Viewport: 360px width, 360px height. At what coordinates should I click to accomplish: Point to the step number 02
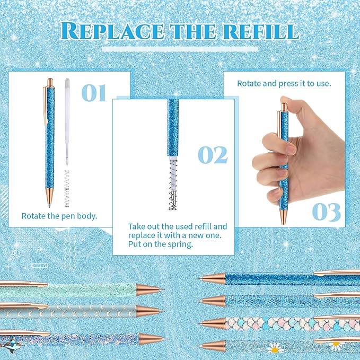(x=213, y=154)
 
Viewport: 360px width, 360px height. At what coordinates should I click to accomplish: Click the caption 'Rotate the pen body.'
(x=59, y=216)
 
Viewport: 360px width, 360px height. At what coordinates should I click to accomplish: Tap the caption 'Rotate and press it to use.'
(x=284, y=83)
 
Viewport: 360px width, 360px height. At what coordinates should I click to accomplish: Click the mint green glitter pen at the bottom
(x=80, y=290)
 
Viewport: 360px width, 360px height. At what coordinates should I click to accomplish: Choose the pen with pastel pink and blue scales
(x=276, y=323)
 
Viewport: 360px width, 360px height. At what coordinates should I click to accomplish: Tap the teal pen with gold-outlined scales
(x=80, y=312)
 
